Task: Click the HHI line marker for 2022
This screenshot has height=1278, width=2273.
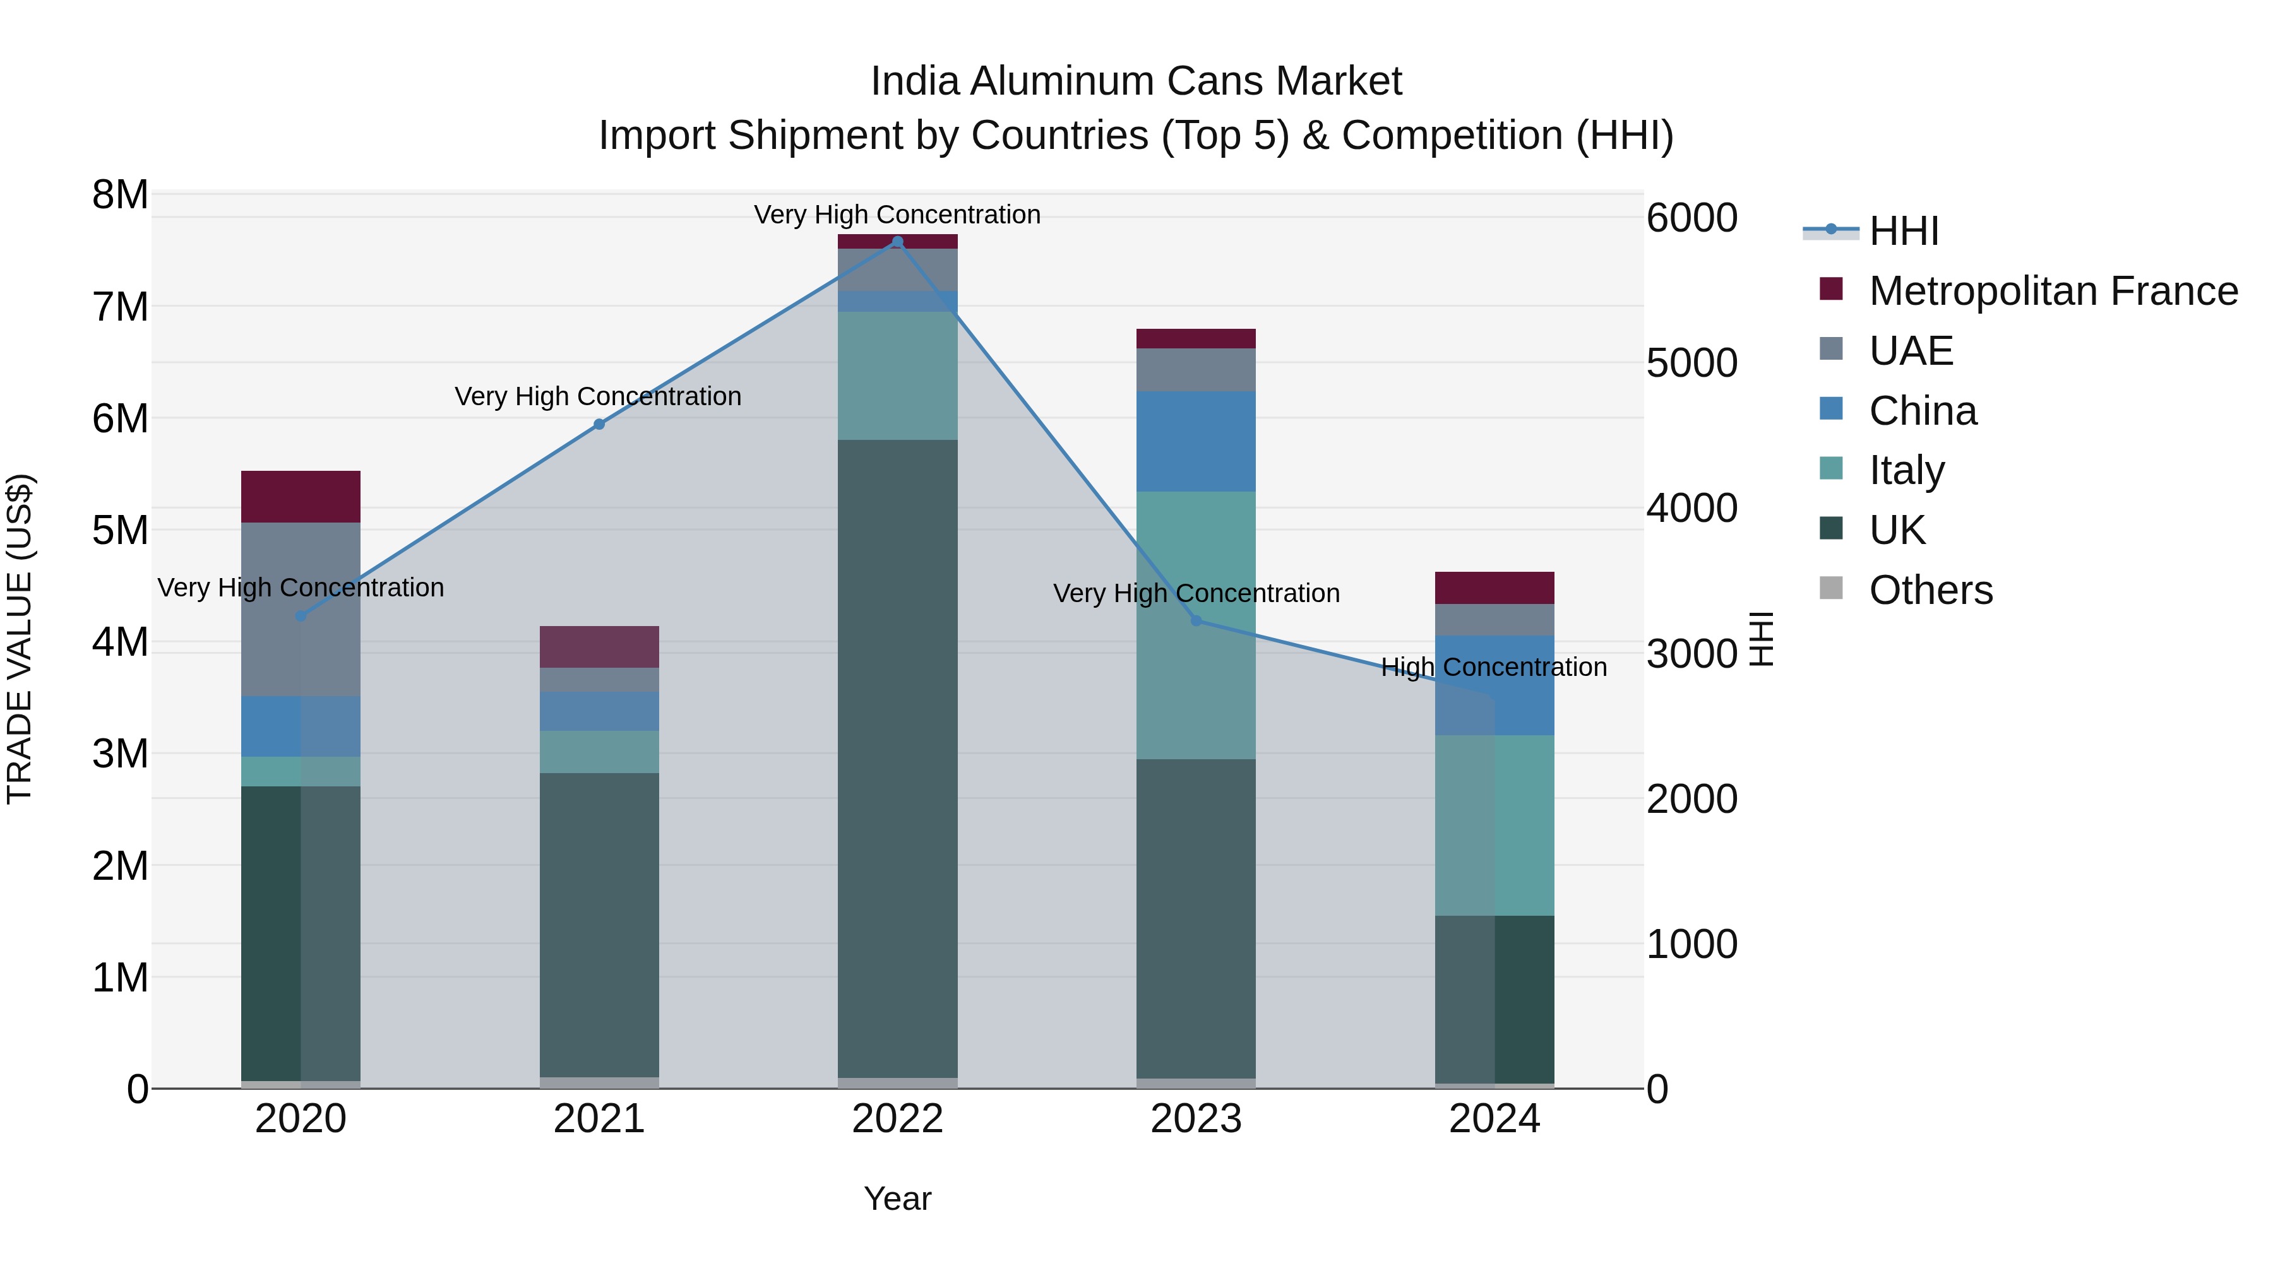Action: [897, 242]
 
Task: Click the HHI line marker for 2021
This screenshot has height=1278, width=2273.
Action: [599, 424]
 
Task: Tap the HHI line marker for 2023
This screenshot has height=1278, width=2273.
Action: [1196, 621]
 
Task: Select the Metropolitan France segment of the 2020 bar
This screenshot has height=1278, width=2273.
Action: [301, 497]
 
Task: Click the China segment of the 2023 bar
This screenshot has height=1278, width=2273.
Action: [1196, 441]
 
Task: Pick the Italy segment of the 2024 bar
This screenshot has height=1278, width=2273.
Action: [1494, 825]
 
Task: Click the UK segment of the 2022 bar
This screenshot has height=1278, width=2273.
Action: [897, 759]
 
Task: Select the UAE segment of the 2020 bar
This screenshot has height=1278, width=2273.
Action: [301, 608]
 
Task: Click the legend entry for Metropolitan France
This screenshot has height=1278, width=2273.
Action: [2053, 291]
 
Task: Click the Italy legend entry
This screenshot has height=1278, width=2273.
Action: [1906, 470]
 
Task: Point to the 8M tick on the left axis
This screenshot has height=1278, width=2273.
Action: [120, 195]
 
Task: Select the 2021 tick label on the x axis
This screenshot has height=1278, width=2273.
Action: [599, 1119]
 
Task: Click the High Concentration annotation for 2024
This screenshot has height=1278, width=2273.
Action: [1493, 668]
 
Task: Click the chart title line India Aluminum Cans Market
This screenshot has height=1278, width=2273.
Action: [1136, 81]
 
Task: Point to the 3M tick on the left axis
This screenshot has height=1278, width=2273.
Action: [120, 754]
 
